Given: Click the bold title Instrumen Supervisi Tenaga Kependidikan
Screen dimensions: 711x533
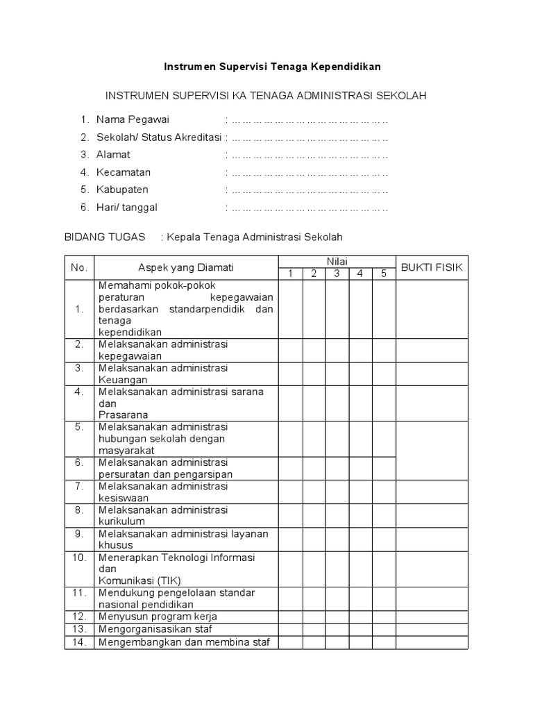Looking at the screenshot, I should (x=272, y=67).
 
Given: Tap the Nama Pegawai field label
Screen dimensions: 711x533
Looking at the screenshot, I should (x=133, y=119).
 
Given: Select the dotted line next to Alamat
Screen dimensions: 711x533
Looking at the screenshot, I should (x=310, y=155).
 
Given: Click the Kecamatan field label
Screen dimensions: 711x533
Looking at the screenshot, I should (x=124, y=172).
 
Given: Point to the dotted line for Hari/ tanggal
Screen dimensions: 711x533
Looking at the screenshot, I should (x=310, y=208).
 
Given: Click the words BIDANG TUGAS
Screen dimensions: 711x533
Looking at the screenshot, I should (x=105, y=237).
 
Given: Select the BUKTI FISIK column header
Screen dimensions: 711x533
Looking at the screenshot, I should (x=432, y=267).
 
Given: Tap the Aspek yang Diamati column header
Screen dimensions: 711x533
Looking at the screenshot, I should (x=186, y=267).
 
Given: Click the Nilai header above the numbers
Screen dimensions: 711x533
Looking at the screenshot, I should (x=337, y=261).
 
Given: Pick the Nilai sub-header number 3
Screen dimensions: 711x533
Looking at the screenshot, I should (x=337, y=274).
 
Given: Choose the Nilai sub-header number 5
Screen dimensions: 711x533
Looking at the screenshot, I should (x=383, y=274).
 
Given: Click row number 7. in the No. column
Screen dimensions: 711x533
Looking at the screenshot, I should (x=79, y=486).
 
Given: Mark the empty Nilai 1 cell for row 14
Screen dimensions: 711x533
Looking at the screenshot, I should (x=291, y=642).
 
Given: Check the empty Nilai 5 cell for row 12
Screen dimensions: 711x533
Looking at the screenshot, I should (x=383, y=617).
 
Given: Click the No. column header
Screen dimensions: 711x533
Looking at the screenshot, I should (x=79, y=267).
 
